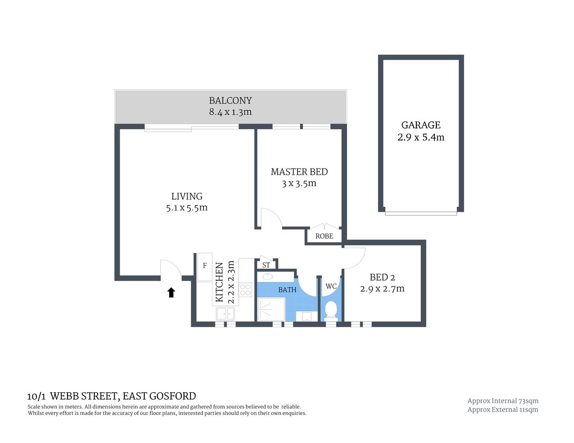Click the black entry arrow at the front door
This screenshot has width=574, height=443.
point(171,292)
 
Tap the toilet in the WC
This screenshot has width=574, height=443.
point(330,310)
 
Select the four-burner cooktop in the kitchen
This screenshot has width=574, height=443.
point(245,290)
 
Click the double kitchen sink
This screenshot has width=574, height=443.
point(225,314)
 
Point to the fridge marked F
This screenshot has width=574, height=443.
point(205,266)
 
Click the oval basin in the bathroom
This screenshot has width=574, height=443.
point(268,277)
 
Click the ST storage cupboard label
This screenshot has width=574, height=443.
point(266,265)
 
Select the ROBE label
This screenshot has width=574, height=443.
point(324,236)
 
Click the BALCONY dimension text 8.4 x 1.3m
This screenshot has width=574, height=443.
point(230,112)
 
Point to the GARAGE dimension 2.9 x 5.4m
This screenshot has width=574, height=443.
point(421,138)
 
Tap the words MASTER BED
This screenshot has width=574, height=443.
point(299,172)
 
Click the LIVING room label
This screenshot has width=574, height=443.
point(187,196)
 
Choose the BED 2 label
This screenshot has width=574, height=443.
point(382,277)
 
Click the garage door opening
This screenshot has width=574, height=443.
point(421,213)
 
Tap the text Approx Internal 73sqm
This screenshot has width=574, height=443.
point(503,401)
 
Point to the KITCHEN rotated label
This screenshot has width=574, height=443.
point(220,282)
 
